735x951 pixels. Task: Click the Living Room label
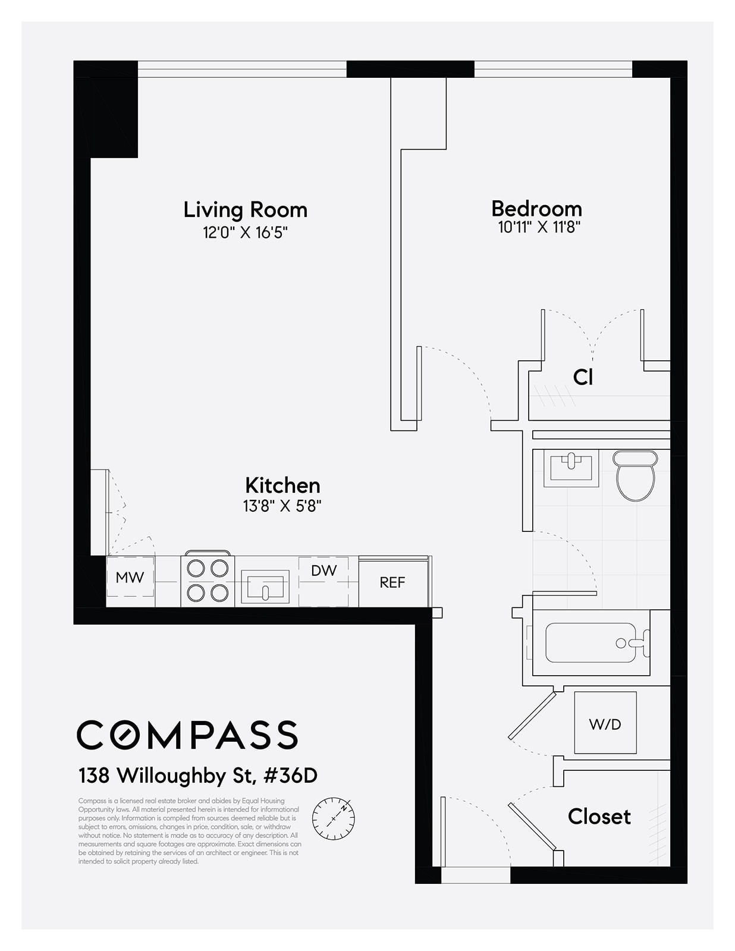click(x=245, y=210)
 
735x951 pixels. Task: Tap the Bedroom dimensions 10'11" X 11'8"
click(x=539, y=227)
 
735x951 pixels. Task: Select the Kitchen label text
click(x=282, y=486)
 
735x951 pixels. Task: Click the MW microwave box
click(x=130, y=577)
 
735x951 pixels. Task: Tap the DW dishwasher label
click(x=323, y=571)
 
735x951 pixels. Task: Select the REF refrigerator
click(x=392, y=582)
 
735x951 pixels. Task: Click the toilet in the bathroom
click(x=635, y=475)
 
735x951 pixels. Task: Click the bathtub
click(x=591, y=643)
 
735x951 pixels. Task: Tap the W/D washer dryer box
click(x=605, y=723)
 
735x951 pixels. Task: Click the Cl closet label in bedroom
click(x=583, y=377)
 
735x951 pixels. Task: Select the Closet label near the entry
click(x=599, y=817)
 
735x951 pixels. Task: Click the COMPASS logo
click(x=187, y=735)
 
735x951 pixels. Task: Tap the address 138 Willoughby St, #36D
click(x=198, y=776)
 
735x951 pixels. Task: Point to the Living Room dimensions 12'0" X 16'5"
click(x=245, y=232)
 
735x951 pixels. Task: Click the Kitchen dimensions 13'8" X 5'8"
click(x=282, y=506)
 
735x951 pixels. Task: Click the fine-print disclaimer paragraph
click(x=190, y=831)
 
